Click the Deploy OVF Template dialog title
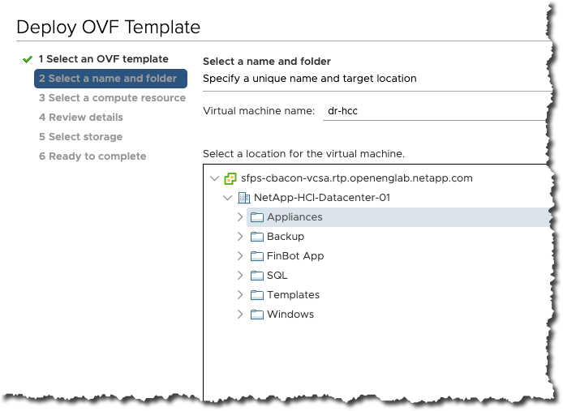108,27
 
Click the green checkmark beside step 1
28,59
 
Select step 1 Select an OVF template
103,59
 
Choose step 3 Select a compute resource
112,98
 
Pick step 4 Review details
81,118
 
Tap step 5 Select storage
80,137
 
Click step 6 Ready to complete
92,156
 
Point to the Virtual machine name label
258,111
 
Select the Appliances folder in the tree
294,217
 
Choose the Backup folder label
286,237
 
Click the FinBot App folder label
295,256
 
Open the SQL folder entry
277,276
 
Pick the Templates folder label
293,295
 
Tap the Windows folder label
290,315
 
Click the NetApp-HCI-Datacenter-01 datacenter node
322,198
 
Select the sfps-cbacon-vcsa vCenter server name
356,178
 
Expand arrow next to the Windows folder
240,315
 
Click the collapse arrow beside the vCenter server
214,178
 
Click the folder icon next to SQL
257,276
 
